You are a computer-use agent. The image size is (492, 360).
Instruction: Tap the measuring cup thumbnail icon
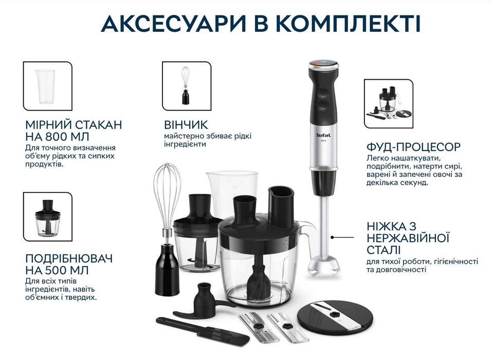tap(47, 86)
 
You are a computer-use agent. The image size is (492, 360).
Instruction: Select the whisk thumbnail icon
tap(186, 86)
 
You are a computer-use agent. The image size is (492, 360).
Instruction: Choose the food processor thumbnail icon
tap(388, 103)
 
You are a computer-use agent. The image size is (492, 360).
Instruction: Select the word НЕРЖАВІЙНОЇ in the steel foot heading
tap(409, 239)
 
